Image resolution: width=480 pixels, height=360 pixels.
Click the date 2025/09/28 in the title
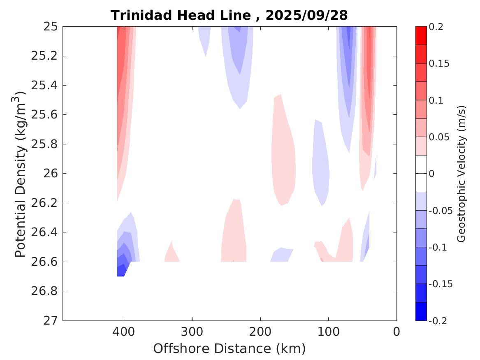306,15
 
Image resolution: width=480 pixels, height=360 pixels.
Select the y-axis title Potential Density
20,174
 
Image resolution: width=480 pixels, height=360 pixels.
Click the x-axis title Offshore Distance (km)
229,348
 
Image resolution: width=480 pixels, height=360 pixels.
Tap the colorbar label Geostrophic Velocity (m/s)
461,174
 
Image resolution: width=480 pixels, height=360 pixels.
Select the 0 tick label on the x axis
396,331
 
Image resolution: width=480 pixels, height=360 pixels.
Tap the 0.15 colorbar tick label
439,64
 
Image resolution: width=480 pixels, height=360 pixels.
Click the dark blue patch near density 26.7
121,271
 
